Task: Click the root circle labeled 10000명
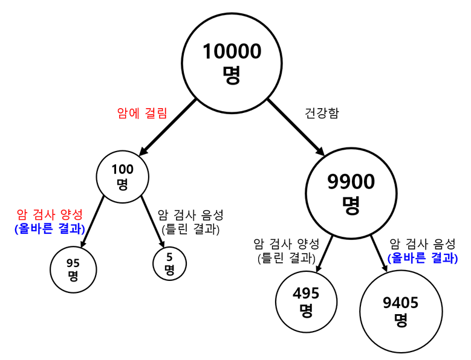(232, 62)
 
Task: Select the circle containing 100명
(123, 175)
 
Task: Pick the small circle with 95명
(73, 268)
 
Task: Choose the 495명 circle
(306, 301)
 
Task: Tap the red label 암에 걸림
(141, 112)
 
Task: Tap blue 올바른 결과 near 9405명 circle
(422, 258)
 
